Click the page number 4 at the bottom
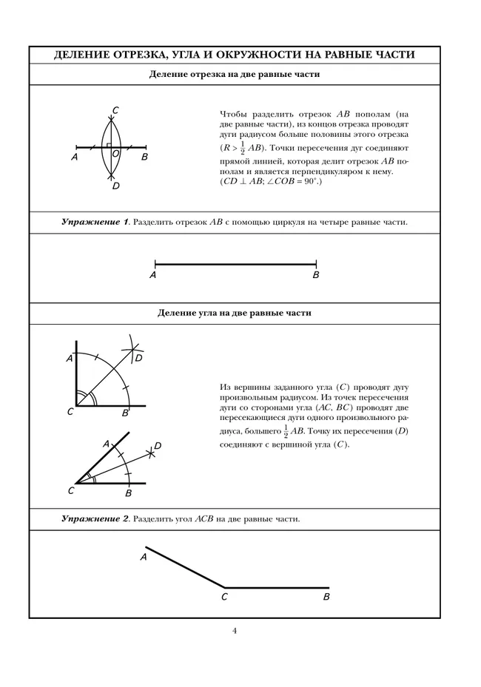(235, 631)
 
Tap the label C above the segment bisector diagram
(115, 110)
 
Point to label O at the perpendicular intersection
(116, 154)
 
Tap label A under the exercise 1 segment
(153, 275)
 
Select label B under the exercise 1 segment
(316, 275)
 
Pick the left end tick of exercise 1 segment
(155, 263)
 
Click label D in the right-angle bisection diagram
(138, 358)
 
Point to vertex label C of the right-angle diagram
(70, 411)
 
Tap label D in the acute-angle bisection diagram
(158, 446)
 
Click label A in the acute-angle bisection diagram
(106, 443)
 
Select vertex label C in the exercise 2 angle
(224, 598)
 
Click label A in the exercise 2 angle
(144, 557)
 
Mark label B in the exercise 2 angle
(326, 598)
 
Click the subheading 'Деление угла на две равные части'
(235, 313)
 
